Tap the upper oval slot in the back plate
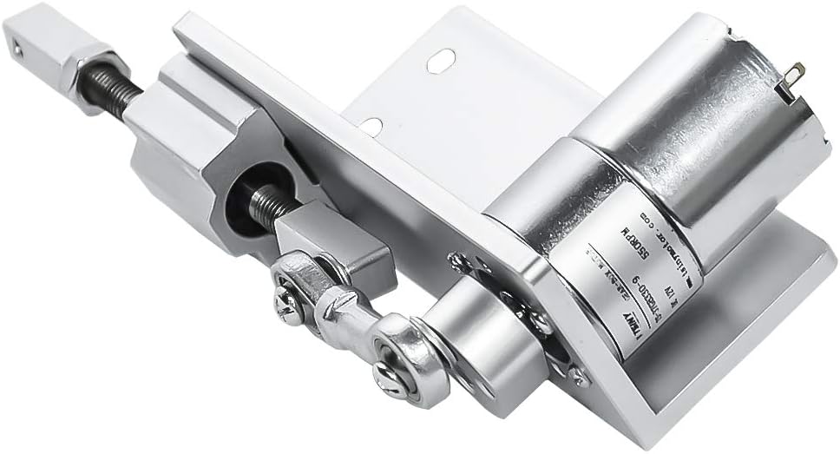point(440,62)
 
